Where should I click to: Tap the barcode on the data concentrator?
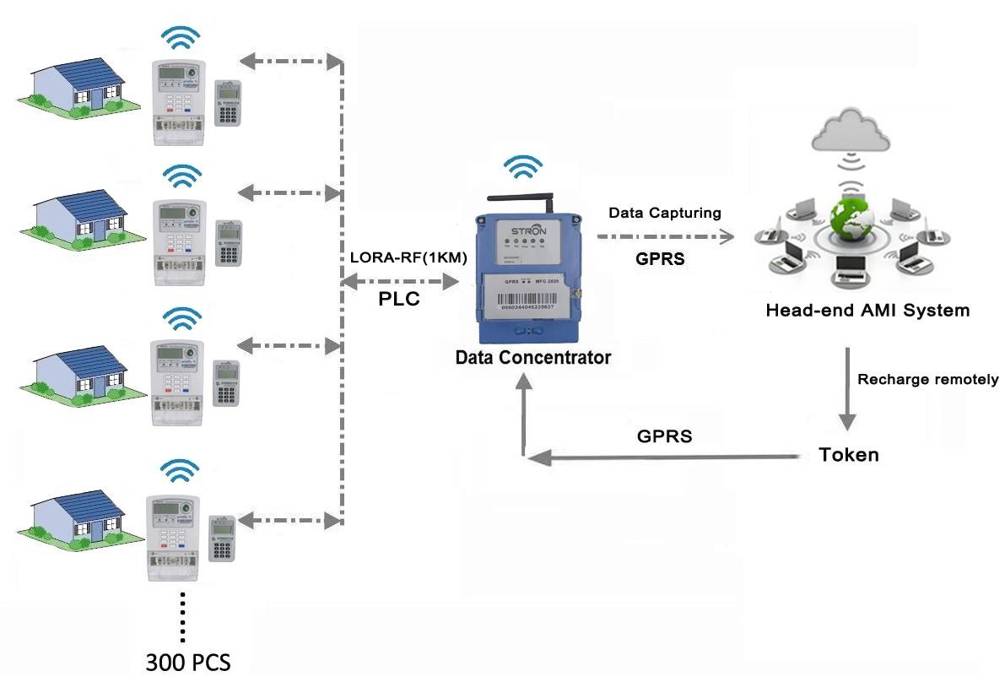(529, 301)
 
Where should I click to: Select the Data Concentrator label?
(532, 358)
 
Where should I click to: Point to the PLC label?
(399, 300)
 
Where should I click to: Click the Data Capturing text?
(665, 214)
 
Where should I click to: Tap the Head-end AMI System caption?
(867, 311)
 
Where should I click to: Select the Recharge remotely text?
(927, 380)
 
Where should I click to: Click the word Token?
(849, 455)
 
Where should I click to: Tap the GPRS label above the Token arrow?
(664, 436)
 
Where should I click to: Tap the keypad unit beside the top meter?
(228, 103)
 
